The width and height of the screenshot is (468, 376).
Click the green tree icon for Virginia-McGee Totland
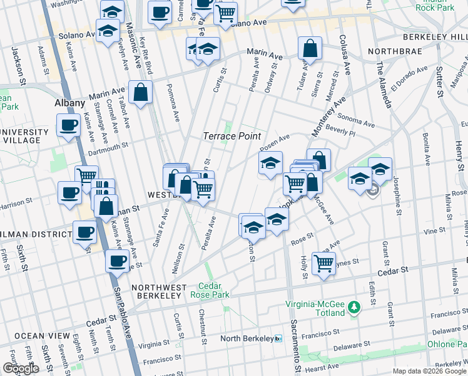(355, 307)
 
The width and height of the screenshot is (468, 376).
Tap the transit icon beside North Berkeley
(278, 338)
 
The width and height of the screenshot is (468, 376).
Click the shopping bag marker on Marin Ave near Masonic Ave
(141, 92)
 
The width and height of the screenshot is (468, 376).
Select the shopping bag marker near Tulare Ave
(310, 48)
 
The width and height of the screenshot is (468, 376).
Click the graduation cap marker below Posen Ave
(270, 164)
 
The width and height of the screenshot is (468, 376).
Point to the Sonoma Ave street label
(355, 117)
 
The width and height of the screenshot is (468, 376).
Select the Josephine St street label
(395, 188)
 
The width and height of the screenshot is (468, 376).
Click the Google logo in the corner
(21, 368)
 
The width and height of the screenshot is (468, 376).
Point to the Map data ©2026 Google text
(428, 371)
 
